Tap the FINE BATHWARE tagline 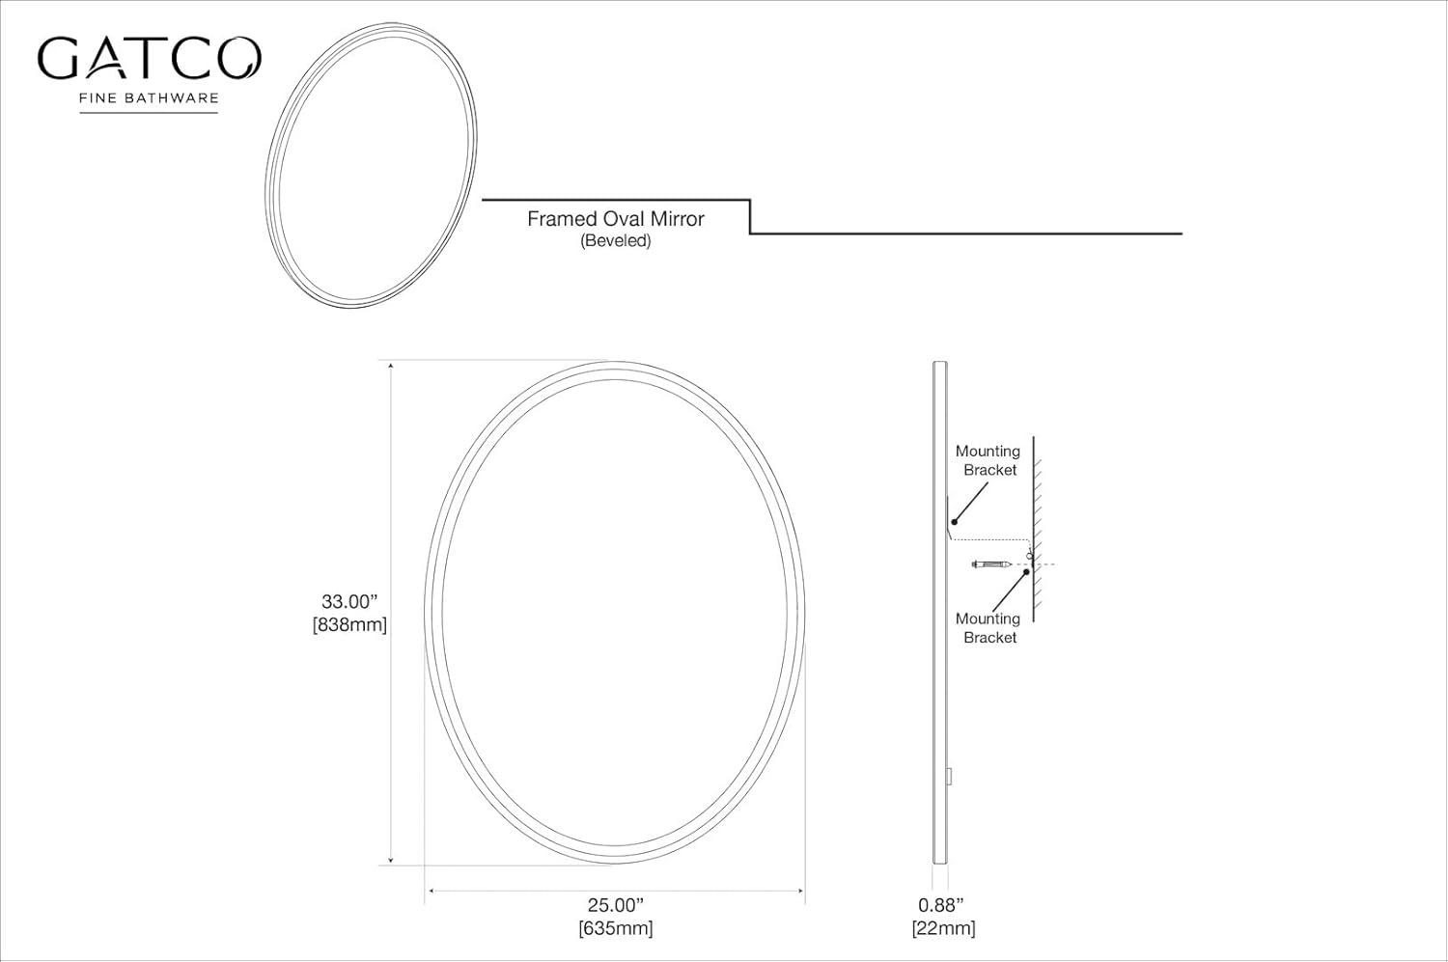coord(149,97)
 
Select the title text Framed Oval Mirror coord(615,219)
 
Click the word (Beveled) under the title coord(615,241)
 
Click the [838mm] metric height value coord(349,625)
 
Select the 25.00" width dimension coord(615,905)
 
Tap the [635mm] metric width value coord(615,928)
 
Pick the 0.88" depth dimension coord(941,905)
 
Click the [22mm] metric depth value coord(943,928)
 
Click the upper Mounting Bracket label coord(988,460)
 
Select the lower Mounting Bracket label coord(988,628)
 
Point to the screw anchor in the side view coord(992,563)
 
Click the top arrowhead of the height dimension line coord(391,366)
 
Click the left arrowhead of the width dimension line coord(431,891)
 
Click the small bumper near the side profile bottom coord(950,776)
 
